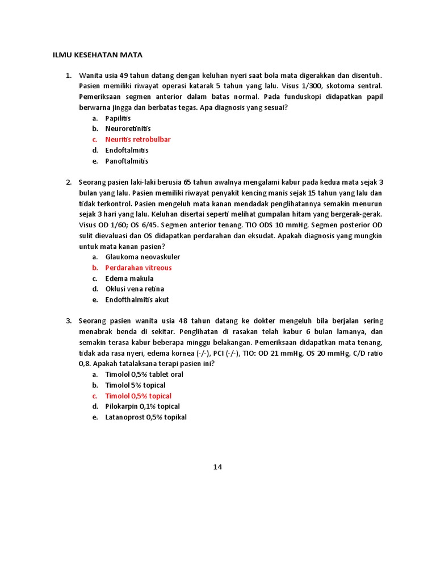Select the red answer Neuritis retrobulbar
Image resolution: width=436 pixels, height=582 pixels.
(x=137, y=139)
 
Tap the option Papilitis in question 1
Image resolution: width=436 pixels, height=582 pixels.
(x=118, y=118)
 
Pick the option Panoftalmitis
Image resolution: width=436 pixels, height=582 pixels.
(x=127, y=161)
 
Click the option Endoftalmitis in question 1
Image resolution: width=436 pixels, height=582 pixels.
(x=127, y=150)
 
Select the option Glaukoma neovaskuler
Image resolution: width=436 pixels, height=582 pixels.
(x=142, y=257)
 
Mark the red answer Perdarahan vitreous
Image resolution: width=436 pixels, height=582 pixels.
(x=138, y=268)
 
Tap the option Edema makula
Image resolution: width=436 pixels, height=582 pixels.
(x=129, y=278)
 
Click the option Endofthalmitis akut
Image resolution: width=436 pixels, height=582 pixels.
(x=137, y=300)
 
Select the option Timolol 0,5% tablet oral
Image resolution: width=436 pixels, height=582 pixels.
(x=144, y=375)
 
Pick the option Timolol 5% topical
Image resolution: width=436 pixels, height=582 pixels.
(x=135, y=385)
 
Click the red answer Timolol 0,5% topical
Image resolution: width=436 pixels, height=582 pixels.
(x=138, y=396)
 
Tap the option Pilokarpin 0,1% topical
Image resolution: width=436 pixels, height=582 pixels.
(x=142, y=406)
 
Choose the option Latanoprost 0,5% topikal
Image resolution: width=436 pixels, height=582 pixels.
(x=146, y=417)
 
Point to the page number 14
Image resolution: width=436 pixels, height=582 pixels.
(x=217, y=467)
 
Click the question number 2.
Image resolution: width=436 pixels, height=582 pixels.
(x=68, y=182)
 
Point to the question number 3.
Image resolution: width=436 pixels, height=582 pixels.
(x=68, y=321)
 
